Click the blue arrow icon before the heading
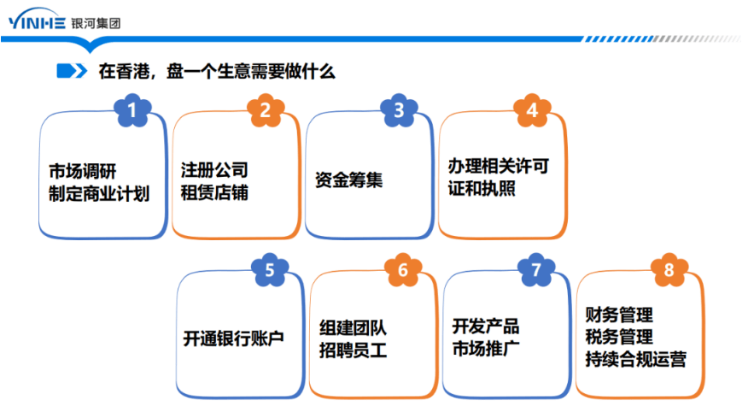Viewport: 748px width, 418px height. click(x=70, y=71)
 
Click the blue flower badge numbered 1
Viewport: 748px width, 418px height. click(x=132, y=110)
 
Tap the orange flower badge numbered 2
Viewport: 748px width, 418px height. click(x=266, y=110)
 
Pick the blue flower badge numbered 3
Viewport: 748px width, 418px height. click(x=399, y=110)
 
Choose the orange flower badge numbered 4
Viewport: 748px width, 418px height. click(x=532, y=110)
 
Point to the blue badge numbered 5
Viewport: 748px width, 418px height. click(x=270, y=271)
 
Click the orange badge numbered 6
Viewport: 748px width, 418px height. click(x=403, y=271)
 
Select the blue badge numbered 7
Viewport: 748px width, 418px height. click(x=536, y=271)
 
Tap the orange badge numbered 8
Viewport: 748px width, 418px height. click(x=669, y=271)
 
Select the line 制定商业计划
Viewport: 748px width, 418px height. click(x=99, y=194)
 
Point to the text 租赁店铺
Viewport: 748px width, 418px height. click(x=214, y=192)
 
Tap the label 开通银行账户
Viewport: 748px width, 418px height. click(x=233, y=339)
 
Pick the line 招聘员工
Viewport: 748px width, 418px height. click(x=353, y=350)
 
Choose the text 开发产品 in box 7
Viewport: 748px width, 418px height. click(x=486, y=326)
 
